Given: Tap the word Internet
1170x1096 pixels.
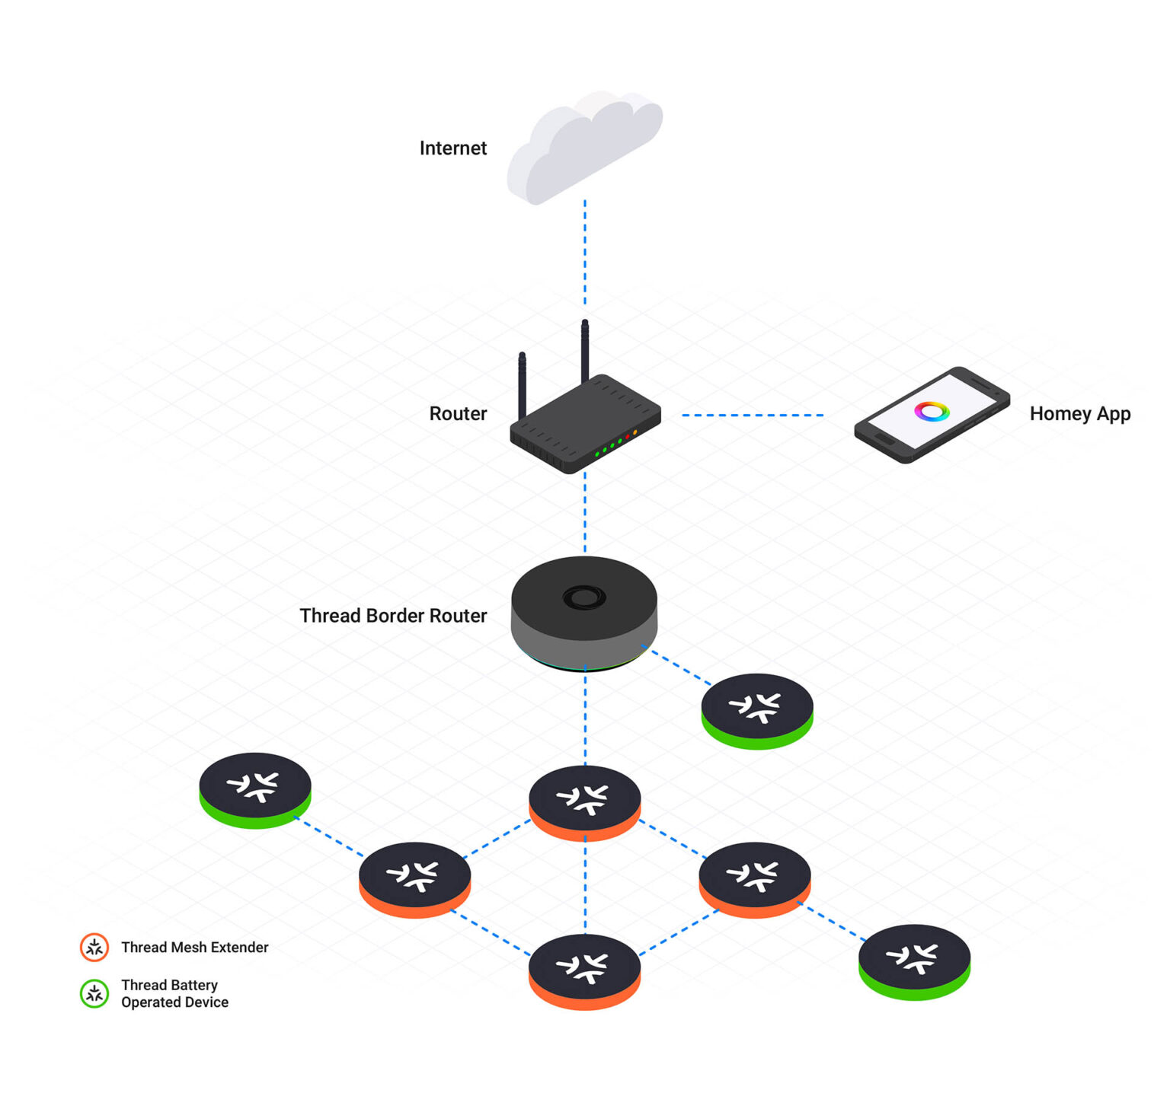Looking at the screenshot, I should pyautogui.click(x=452, y=148).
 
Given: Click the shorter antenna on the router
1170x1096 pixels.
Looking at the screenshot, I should pyautogui.click(x=523, y=384).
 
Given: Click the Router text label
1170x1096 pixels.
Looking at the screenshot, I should pyautogui.click(x=458, y=414).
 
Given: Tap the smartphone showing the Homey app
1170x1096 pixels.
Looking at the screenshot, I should pyautogui.click(x=932, y=415).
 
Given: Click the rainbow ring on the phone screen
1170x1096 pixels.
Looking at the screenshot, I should pyautogui.click(x=932, y=412).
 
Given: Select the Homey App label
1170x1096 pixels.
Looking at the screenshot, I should pyautogui.click(x=1079, y=414).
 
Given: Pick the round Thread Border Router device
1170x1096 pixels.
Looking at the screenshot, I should pyautogui.click(x=584, y=613).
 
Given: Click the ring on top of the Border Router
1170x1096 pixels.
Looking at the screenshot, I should pyautogui.click(x=584, y=597).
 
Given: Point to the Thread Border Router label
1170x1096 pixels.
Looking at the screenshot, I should pyautogui.click(x=393, y=616).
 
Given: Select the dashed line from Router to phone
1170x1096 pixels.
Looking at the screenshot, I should pyautogui.click(x=753, y=416).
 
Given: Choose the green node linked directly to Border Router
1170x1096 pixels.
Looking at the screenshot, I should pyautogui.click(x=757, y=711).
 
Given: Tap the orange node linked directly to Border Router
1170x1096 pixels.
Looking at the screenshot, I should pyautogui.click(x=585, y=802).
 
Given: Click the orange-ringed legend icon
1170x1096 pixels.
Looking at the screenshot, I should pyautogui.click(x=94, y=948).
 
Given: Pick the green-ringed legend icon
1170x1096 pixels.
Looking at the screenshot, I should pyautogui.click(x=94, y=994).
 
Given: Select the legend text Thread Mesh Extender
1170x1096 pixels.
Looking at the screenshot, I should pyautogui.click(x=195, y=948).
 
